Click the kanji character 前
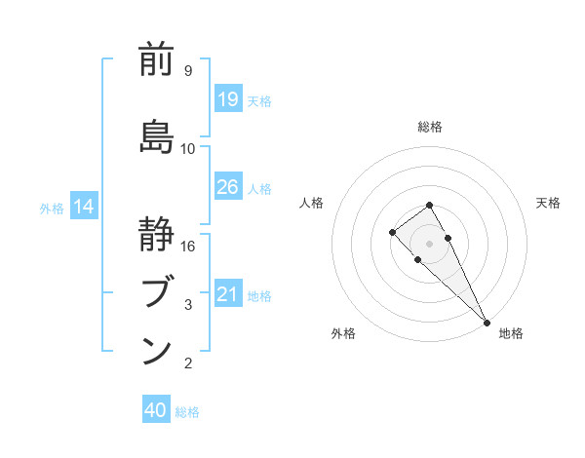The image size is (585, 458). click(x=157, y=60)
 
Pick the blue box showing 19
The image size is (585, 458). click(x=227, y=99)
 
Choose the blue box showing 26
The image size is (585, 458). click(x=227, y=187)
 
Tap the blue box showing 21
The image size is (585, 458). click(x=227, y=294)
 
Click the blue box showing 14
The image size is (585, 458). click(x=84, y=207)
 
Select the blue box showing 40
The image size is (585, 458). click(x=156, y=410)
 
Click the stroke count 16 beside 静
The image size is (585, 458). click(x=188, y=247)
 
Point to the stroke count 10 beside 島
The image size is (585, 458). click(x=188, y=149)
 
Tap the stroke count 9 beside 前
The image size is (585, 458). click(x=187, y=71)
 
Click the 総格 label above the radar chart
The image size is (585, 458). click(x=430, y=127)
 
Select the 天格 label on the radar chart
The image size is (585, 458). click(x=548, y=203)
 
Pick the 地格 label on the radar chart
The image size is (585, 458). click(x=511, y=333)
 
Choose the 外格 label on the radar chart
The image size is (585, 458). click(x=343, y=333)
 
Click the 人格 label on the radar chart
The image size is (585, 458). click(x=312, y=203)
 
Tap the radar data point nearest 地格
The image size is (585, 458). click(x=486, y=322)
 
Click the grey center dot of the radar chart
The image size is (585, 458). click(x=429, y=243)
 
